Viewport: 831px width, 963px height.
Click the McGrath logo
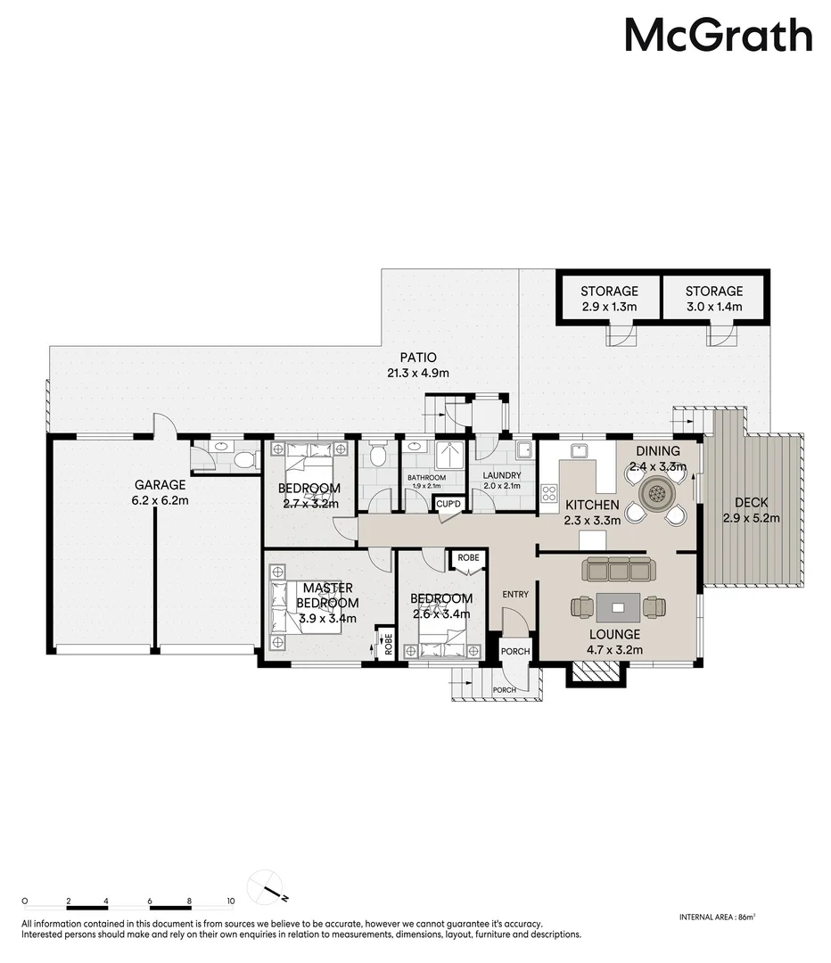click(718, 37)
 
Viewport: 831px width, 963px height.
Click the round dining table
click(658, 492)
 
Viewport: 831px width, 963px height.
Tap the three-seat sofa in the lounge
click(616, 568)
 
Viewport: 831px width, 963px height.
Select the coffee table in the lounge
click(617, 608)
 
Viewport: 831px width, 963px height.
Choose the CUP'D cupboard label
click(448, 505)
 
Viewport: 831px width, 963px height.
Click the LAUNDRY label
click(501, 476)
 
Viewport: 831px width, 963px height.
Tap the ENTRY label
click(515, 595)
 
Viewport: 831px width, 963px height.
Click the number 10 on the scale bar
click(230, 901)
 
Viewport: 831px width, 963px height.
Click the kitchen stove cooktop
click(548, 493)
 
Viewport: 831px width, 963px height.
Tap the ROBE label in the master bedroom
click(386, 643)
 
